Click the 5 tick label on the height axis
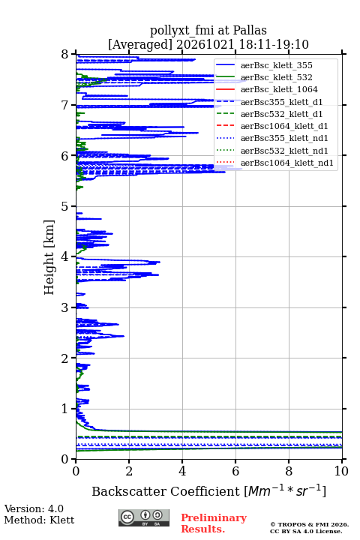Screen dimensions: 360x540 pos(65,207)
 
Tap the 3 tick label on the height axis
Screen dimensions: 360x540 pos(65,308)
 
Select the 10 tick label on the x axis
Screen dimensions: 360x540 pos(342,471)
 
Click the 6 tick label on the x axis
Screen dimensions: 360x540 pos(235,471)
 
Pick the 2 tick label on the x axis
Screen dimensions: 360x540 pos(129,471)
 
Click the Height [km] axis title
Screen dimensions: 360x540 pos(49,257)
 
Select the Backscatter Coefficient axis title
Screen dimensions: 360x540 pos(208,490)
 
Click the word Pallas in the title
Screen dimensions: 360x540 pos(250,30)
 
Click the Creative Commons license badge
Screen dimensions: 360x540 pos(144,517)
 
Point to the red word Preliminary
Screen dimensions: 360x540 pos(214,517)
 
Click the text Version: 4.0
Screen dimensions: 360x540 pos(34,508)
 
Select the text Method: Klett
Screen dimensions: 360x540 pos(39,520)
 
